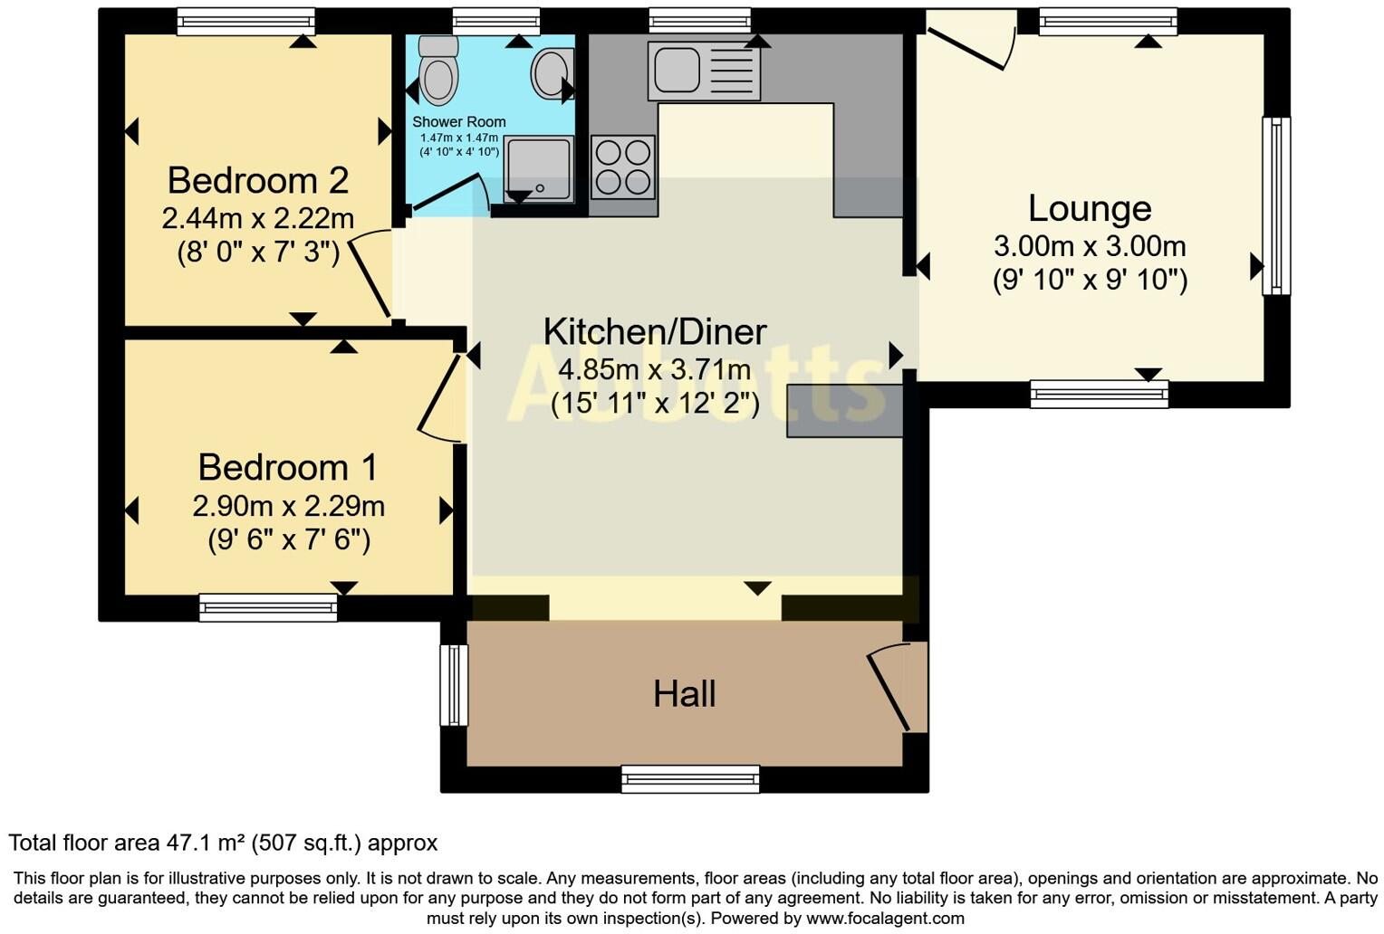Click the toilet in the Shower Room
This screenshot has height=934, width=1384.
[x=438, y=71]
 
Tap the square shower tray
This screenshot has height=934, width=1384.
[x=539, y=169]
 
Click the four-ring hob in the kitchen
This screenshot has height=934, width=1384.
[x=623, y=167]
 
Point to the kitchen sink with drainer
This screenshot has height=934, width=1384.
[x=704, y=70]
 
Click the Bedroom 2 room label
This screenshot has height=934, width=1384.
[x=258, y=180]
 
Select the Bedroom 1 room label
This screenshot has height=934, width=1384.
[x=287, y=467]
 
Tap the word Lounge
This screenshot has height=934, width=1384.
[x=1090, y=208]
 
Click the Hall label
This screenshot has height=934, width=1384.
[x=685, y=694]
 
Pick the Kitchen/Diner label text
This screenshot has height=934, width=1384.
[x=655, y=331]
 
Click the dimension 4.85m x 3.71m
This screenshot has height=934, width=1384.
[x=655, y=369]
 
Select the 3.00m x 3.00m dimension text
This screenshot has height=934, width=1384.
[x=1090, y=246]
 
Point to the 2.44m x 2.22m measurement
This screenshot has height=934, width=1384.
[x=258, y=218]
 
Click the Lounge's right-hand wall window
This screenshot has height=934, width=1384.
[x=1276, y=206]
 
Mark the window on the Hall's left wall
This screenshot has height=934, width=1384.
[x=454, y=685]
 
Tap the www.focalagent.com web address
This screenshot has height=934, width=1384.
[x=885, y=919]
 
